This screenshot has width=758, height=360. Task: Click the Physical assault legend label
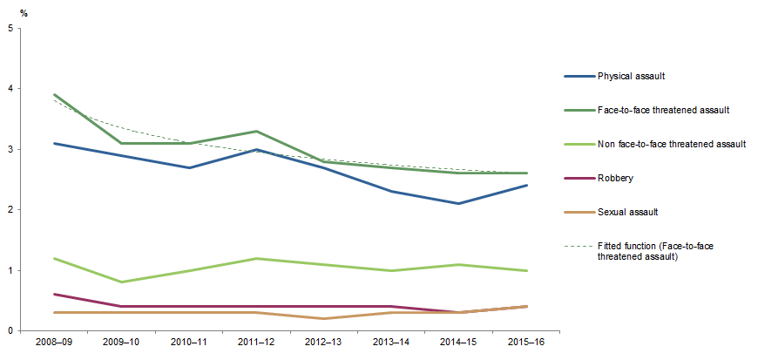point(631,77)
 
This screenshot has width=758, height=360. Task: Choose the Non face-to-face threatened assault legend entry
point(670,144)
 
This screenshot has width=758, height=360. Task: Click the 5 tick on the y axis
point(9,28)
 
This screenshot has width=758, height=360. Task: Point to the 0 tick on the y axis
point(9,331)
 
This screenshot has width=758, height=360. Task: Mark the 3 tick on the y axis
point(9,149)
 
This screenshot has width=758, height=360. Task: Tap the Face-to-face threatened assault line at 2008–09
point(53,95)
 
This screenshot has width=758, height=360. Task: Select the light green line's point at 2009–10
point(121,282)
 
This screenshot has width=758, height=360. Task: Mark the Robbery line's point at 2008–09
point(53,295)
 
